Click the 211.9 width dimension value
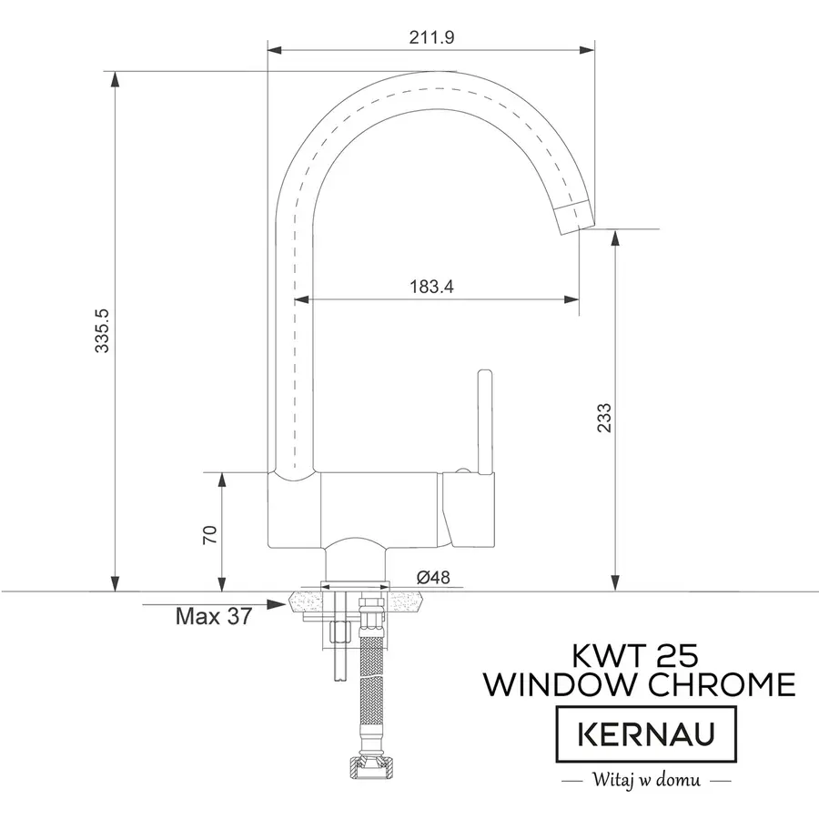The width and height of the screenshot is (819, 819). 431,37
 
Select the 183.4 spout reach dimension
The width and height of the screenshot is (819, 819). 431,287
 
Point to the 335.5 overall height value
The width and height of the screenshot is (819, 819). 103,330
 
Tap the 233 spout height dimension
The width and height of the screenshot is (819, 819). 605,417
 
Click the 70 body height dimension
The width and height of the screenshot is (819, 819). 208,534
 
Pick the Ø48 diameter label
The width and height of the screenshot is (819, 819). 433,577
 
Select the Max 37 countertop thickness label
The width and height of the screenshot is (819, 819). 213,617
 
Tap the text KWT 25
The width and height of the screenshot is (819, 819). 636,655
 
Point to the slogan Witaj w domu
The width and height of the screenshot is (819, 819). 644,780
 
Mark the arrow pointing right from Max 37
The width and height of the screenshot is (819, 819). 273,603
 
